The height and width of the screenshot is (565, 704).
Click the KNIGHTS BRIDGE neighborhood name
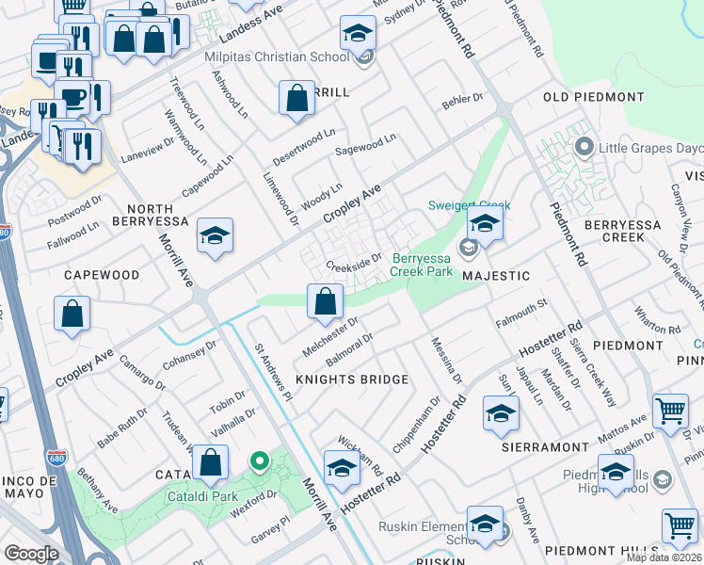coord(352,379)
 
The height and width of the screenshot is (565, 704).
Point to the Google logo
coord(31,554)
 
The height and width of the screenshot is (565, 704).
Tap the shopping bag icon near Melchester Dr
coord(325,302)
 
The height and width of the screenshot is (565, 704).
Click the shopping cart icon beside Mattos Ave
coord(670,410)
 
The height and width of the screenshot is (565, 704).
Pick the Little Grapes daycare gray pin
coord(584,147)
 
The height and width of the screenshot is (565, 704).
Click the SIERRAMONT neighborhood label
coord(538,445)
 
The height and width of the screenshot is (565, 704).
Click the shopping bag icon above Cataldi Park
coord(211,463)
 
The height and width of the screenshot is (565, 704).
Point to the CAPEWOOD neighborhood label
coord(102,275)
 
